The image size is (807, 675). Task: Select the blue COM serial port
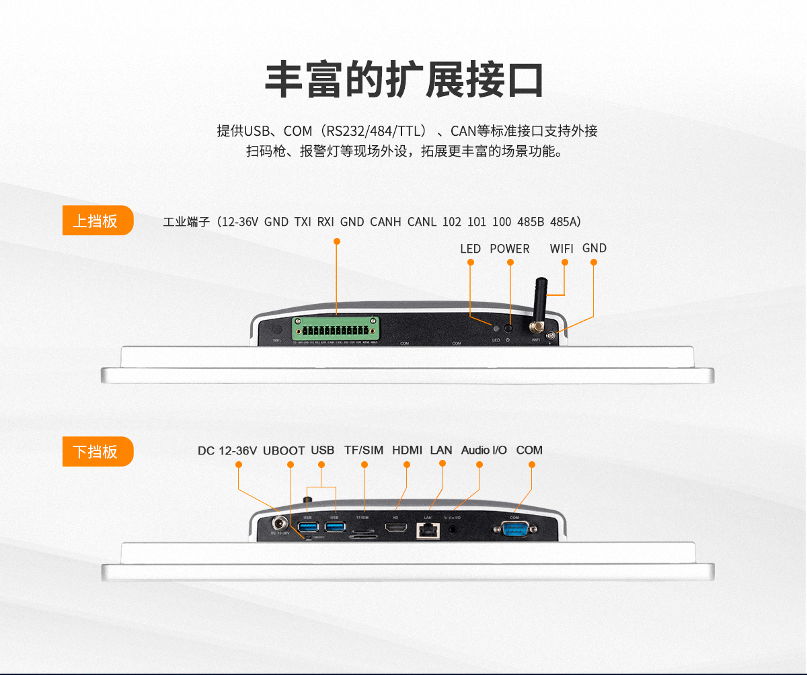pyautogui.click(x=514, y=529)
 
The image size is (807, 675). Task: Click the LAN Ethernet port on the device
pyautogui.click(x=427, y=530)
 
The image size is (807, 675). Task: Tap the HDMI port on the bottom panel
pyautogui.click(x=395, y=530)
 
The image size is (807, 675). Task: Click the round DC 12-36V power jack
pyautogui.click(x=278, y=522)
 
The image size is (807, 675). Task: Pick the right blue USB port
pyautogui.click(x=334, y=527)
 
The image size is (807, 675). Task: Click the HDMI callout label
pyautogui.click(x=407, y=450)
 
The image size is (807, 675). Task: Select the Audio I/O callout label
pyautogui.click(x=484, y=450)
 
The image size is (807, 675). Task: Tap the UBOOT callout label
pyautogui.click(x=284, y=450)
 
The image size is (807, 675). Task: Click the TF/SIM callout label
pyautogui.click(x=364, y=450)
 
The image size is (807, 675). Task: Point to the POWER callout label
pyautogui.click(x=509, y=249)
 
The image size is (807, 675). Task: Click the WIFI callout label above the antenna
pyautogui.click(x=562, y=249)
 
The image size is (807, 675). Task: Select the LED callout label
pyautogui.click(x=470, y=249)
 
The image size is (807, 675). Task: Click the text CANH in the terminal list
pyautogui.click(x=385, y=221)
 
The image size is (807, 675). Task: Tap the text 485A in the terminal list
pyautogui.click(x=565, y=221)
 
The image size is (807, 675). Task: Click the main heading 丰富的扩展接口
pyautogui.click(x=403, y=81)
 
